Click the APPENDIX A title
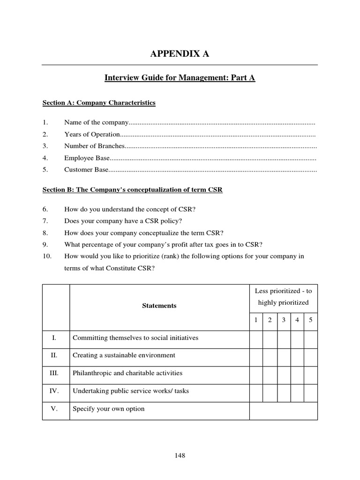[180, 54]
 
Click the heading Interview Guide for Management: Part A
[180, 78]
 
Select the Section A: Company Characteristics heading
[99, 103]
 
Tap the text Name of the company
[96, 123]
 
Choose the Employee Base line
[87, 158]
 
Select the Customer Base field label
[86, 170]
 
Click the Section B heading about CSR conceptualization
[133, 190]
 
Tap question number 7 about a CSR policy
[123, 221]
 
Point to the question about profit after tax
[163, 244]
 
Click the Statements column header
[159, 306]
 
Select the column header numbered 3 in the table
[284, 320]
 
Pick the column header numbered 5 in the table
[311, 320]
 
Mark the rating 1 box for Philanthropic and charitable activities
[256, 373]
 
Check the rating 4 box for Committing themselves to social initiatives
[297, 338]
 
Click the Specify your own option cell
[108, 409]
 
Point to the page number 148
[180, 455]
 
